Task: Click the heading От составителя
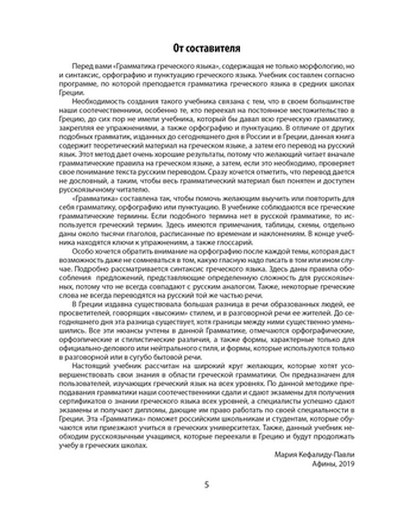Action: click(206, 48)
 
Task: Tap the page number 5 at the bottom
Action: click(206, 485)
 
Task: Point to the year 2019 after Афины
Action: click(346, 464)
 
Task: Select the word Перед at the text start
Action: click(79, 66)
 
